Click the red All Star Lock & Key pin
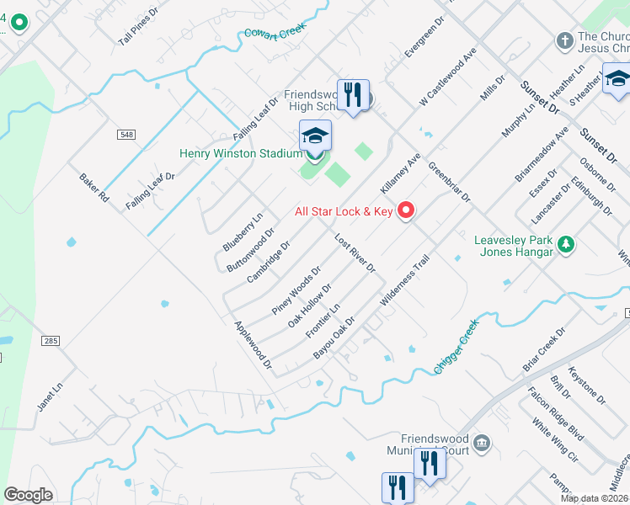click(406, 210)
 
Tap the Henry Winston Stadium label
click(240, 153)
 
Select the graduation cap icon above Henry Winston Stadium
click(315, 136)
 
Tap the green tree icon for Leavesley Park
click(568, 245)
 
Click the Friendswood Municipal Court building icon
click(482, 443)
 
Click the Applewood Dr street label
click(253, 346)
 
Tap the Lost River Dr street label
click(354, 252)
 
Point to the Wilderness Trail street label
click(404, 280)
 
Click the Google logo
click(28, 495)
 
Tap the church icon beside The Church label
click(563, 40)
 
